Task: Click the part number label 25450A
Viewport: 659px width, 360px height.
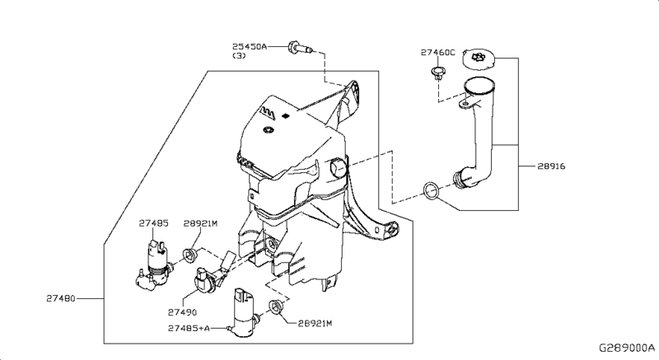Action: (x=250, y=47)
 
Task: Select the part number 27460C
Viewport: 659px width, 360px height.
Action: (x=437, y=52)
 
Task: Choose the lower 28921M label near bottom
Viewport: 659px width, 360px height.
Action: (x=314, y=323)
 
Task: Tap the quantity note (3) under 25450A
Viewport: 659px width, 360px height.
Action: (x=239, y=57)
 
